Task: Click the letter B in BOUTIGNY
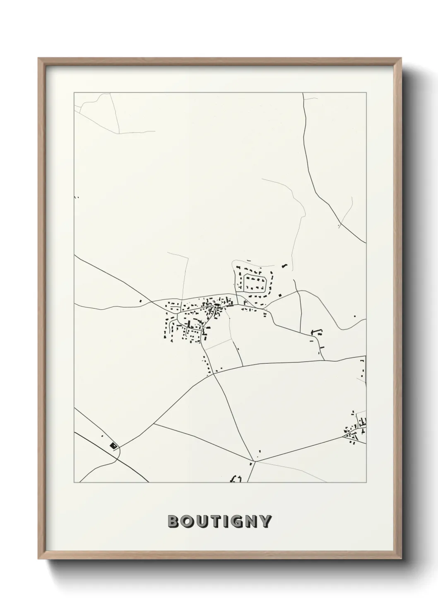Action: click(173, 521)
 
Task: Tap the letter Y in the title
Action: click(266, 521)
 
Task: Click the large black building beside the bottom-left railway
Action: click(113, 445)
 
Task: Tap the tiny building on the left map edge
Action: click(76, 197)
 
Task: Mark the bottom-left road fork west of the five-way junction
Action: click(154, 423)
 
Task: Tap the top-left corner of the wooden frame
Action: click(39, 58)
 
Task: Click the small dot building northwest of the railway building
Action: click(102, 436)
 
